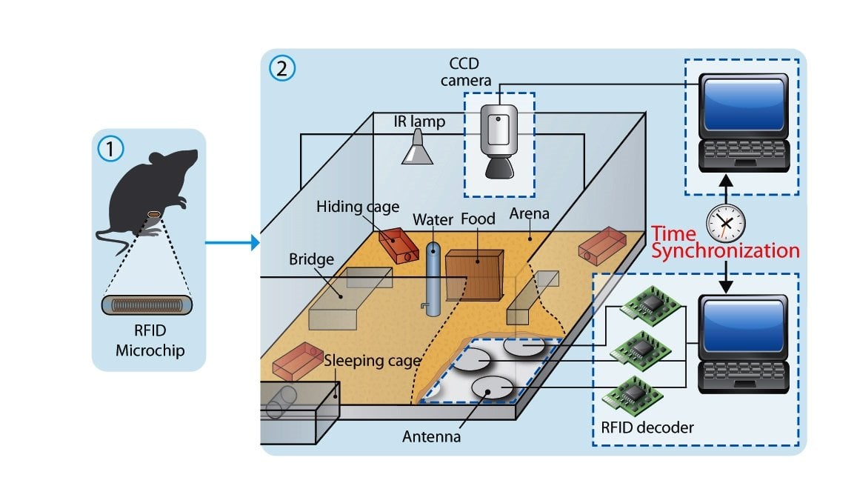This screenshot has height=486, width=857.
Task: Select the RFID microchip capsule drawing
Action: pos(147,305)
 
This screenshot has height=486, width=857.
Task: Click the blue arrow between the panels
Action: pos(232,242)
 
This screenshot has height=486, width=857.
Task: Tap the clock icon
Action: pos(725,221)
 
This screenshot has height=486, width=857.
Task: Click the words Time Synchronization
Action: pos(724,242)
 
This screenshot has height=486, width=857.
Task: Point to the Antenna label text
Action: pos(432,437)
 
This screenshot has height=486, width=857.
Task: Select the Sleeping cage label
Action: pos(373,362)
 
